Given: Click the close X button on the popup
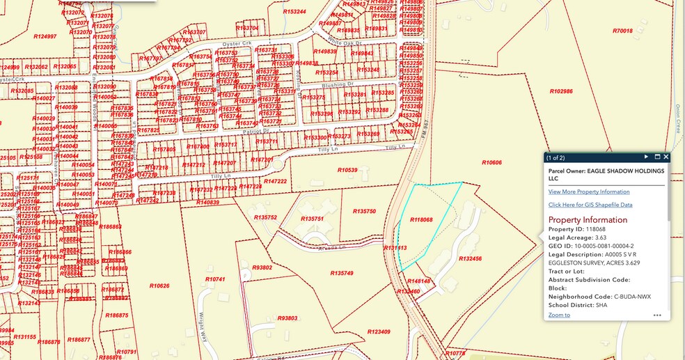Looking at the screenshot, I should pos(666,157).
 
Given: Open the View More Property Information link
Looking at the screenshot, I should pos(588,191).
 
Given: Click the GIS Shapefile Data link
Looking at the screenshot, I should pos(590,205).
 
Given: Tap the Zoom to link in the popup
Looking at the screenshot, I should pos(558,315).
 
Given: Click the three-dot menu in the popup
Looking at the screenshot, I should pos(657,315).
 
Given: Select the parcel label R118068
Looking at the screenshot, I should pos(421,220).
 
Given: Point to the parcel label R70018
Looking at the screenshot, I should pos(622,31).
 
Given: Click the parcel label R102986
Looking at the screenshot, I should pos(560,91).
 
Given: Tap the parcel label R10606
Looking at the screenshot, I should pos(491,162).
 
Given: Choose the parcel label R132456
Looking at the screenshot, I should pos(471,259).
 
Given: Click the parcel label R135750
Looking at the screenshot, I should pos(364,211).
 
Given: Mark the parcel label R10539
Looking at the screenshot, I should pos(347,170).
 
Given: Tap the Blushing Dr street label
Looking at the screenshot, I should pos(340,84).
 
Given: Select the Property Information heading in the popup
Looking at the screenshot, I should pos(588,220).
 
